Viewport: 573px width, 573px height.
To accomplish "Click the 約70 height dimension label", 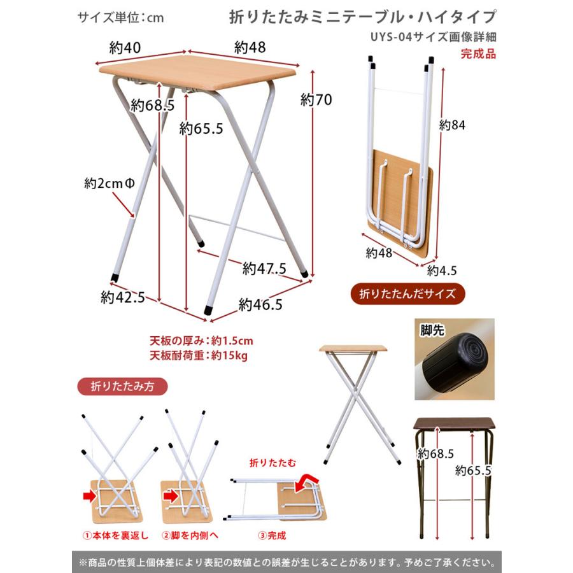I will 316,100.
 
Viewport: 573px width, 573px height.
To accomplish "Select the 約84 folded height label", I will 453,125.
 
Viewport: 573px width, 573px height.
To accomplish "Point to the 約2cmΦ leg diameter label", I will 110,183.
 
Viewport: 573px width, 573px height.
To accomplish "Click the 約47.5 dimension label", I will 264,268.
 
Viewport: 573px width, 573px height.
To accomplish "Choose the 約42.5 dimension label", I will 123,297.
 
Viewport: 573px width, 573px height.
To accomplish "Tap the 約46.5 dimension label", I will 260,304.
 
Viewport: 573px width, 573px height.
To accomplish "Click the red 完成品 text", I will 478,53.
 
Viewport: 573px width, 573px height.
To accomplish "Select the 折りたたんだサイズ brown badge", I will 408,294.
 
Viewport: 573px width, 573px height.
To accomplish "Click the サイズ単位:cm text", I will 120,17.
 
